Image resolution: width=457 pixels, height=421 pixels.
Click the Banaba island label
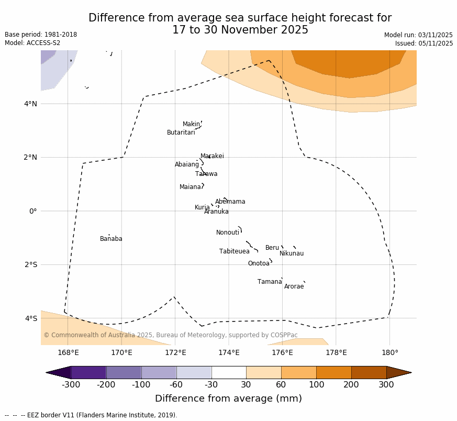[x=111, y=239]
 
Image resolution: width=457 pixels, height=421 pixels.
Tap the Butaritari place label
[x=181, y=133]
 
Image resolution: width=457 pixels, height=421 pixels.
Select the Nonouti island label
[x=228, y=233]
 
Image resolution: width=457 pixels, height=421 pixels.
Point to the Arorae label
[x=294, y=287]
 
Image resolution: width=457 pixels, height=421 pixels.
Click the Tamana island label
[x=270, y=282]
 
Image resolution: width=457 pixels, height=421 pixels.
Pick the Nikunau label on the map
[x=292, y=254]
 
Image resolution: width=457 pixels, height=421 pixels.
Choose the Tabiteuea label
[x=235, y=252]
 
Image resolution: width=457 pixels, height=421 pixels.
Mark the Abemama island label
[x=230, y=202]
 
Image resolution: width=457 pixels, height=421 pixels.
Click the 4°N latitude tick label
[x=30, y=104]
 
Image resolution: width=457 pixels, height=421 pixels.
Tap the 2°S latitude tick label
[x=30, y=264]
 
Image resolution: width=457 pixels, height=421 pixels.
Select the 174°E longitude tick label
[x=229, y=352]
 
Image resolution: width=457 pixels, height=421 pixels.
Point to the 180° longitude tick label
[x=389, y=352]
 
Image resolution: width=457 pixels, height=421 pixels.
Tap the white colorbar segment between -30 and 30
[x=229, y=372]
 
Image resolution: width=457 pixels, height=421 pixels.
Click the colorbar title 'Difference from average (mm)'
[x=228, y=399]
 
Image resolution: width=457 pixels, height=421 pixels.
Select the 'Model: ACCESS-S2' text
[x=32, y=43]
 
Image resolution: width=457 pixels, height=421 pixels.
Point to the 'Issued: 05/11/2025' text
[x=424, y=44]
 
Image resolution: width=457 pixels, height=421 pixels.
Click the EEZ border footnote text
[x=91, y=415]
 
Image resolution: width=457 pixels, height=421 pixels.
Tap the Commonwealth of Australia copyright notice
[x=171, y=335]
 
